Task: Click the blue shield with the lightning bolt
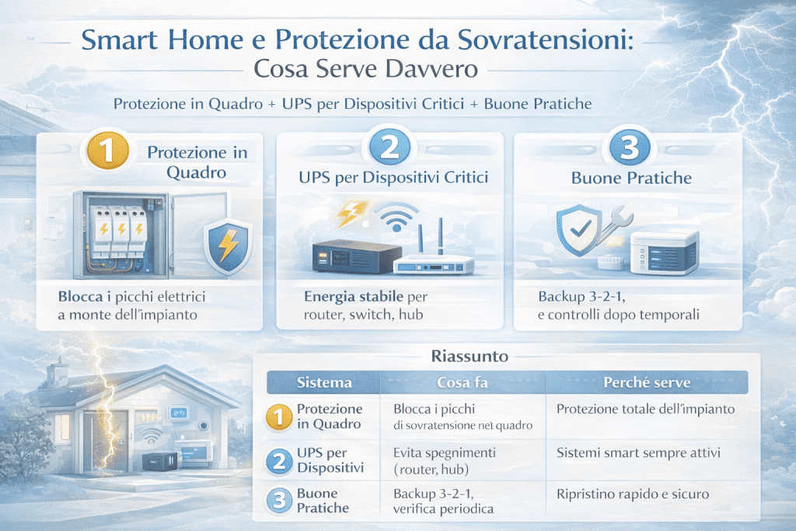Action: click(x=226, y=243)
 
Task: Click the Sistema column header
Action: click(x=324, y=383)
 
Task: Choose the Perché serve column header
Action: click(x=648, y=383)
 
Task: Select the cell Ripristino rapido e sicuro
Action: click(x=633, y=494)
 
